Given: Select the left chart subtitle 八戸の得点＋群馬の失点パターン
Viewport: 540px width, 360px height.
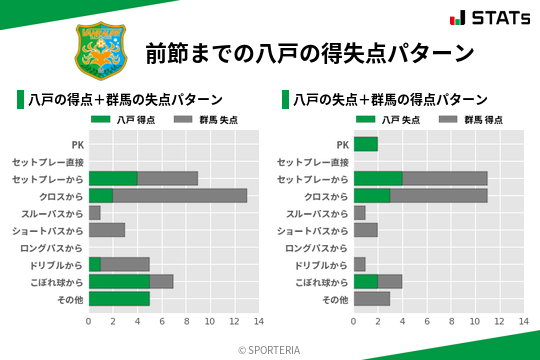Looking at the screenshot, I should pos(125,100).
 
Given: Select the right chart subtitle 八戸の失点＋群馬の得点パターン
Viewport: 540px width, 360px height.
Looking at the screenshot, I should pos(390,100).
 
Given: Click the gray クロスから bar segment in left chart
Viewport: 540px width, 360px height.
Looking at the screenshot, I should pos(180,196).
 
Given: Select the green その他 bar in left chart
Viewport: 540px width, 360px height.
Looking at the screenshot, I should pos(119,299).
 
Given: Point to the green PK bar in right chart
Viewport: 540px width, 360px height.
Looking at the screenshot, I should pos(365,145).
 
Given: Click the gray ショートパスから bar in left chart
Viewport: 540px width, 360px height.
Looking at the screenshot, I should pos(107,230).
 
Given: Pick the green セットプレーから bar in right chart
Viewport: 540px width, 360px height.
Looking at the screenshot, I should pos(377,179).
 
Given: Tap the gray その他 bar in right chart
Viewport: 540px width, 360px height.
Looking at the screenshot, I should pos(371,299).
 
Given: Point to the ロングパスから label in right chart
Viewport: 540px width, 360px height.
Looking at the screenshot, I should pos(317,248).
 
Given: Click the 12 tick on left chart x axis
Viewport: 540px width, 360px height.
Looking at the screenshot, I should pos(234,322).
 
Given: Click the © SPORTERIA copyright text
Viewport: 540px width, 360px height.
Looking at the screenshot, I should pos(270,350).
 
